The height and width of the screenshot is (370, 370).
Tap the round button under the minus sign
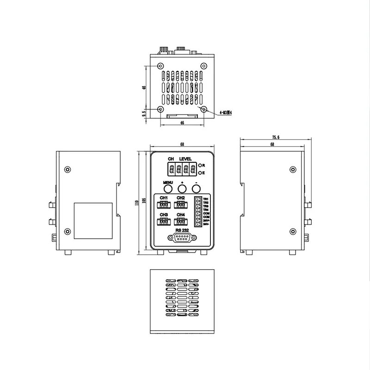[x=196, y=189]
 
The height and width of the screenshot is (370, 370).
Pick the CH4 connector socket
[x=180, y=221]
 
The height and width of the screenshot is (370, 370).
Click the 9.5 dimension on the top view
[x=144, y=112]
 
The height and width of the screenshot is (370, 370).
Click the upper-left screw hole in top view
[x=160, y=66]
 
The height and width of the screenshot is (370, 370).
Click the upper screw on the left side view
[x=68, y=169]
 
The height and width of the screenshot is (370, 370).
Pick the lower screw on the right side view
[x=292, y=232]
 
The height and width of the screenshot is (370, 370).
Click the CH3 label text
[x=164, y=215]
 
